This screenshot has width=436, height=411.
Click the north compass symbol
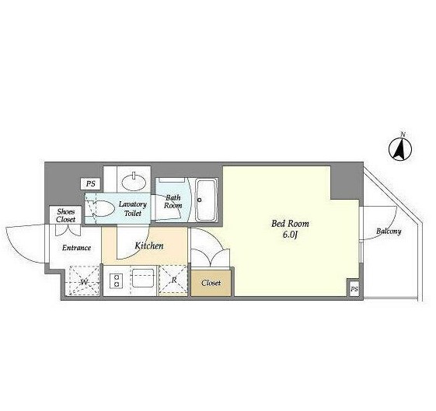400,149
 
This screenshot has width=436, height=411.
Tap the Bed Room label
290,224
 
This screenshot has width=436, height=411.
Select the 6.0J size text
291,235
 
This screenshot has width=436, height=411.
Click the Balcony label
389,232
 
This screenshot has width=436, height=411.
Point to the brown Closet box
211,283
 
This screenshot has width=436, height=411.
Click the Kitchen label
149,246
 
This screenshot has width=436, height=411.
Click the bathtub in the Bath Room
206,200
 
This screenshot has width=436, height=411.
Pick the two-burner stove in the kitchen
117,280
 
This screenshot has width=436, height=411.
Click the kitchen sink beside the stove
143,277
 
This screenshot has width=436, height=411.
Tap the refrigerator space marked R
173,280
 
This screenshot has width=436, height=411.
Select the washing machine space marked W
84,280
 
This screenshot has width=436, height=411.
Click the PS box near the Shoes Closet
90,183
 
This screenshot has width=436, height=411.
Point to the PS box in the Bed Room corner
354,289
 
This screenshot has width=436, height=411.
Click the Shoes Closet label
66,215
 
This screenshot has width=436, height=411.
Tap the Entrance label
76,248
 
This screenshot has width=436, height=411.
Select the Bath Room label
173,201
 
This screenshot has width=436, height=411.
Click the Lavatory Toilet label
133,208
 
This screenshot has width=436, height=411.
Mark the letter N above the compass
403,134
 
